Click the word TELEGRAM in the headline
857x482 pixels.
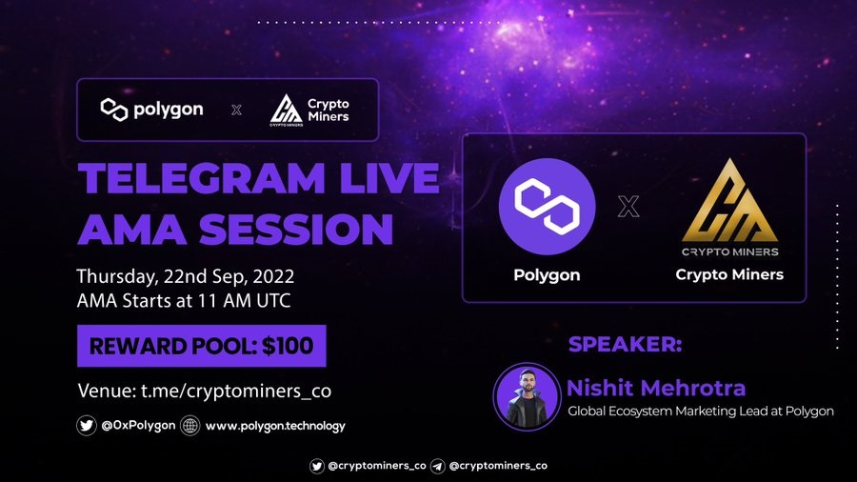pos(202,178)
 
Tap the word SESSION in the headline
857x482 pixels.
pos(296,229)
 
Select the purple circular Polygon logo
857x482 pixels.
pos(547,207)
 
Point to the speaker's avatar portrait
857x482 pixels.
pos(527,395)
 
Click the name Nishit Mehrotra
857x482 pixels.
pos(656,388)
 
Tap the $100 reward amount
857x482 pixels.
pos(288,346)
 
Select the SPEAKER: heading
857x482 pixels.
pos(626,344)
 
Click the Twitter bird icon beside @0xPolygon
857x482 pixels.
pos(87,425)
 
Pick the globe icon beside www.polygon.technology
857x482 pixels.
pos(190,425)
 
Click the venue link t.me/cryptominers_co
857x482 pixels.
pos(236,392)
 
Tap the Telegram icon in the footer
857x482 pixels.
pos(437,466)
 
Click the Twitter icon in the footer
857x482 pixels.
pos(316,466)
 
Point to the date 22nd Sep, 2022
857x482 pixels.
pos(229,276)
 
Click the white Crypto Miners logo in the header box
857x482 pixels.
pos(309,110)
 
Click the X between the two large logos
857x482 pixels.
pos(628,207)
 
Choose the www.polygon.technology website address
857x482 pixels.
pos(275,426)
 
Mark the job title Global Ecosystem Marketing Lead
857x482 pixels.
pos(668,411)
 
